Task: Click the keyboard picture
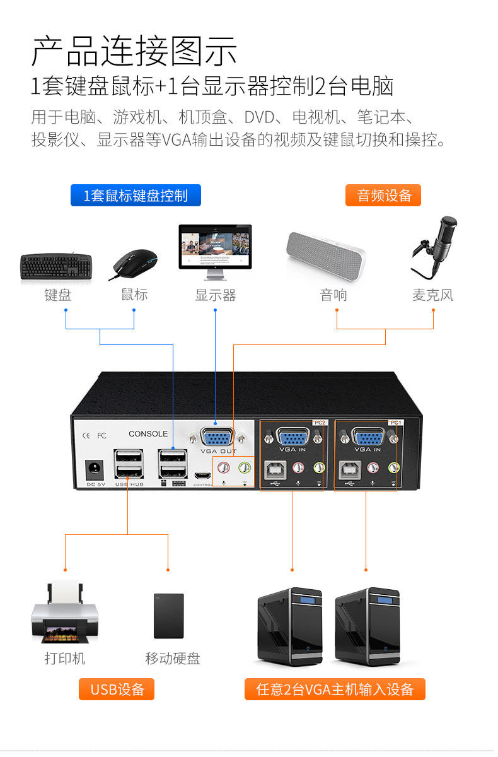(x=57, y=267)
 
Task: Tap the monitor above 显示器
(x=215, y=249)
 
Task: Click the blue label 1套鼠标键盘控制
(x=136, y=196)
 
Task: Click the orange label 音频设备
(x=383, y=196)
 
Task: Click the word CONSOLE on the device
(x=148, y=433)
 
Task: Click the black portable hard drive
(x=169, y=616)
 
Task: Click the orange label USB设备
(x=117, y=690)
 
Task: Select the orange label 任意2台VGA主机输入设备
(x=335, y=690)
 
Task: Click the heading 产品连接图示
(x=134, y=52)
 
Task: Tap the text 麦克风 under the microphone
(x=432, y=295)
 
